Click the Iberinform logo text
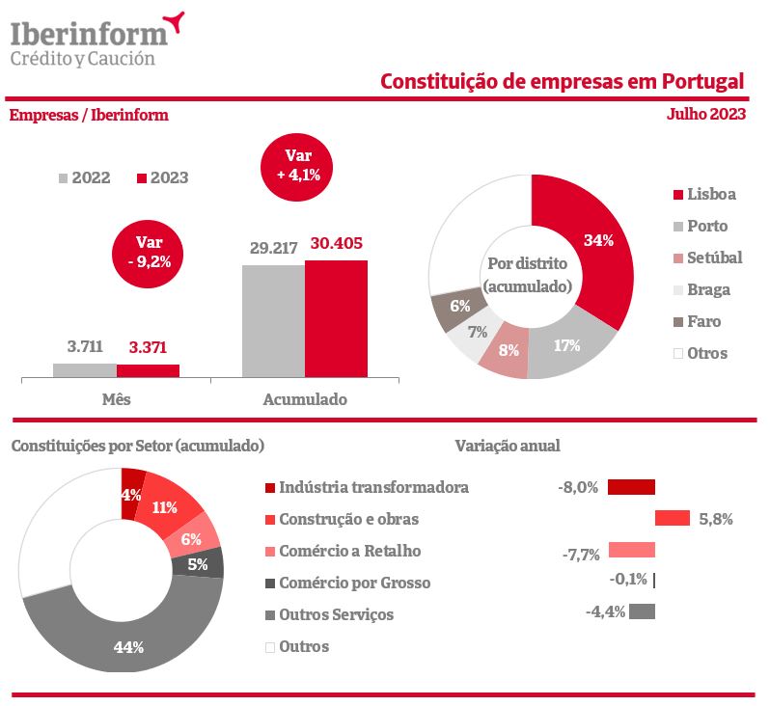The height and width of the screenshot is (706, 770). point(89,35)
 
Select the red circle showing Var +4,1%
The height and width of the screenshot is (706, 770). point(296,165)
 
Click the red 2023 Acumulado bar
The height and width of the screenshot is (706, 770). point(336,318)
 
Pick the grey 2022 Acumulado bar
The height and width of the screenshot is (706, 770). point(273,320)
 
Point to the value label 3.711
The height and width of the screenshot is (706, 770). point(84,346)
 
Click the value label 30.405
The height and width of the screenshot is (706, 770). point(336,244)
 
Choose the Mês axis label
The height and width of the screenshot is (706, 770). point(117,398)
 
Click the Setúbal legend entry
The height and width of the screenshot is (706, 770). point(706,258)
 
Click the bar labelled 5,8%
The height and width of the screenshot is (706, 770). point(672,519)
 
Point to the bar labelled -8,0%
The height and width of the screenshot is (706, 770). point(631,487)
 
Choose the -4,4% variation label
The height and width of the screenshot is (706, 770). point(605,611)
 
